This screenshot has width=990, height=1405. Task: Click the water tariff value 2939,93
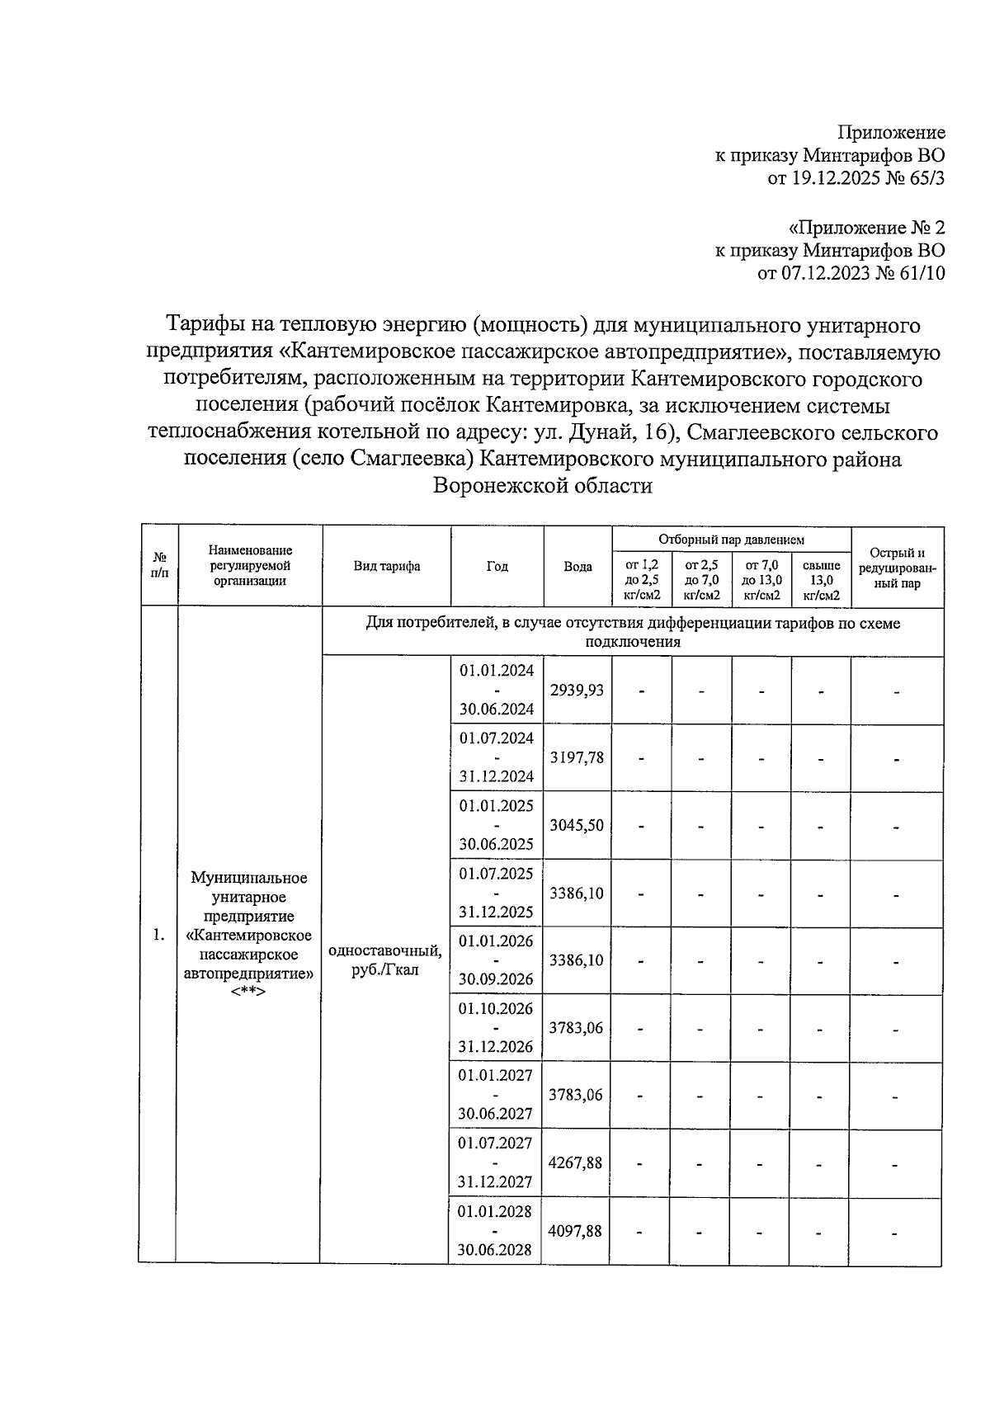pos(577,690)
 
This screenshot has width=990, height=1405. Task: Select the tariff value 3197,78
pos(577,757)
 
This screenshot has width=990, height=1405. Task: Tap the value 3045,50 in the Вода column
pos(577,825)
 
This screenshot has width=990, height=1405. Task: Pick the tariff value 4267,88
pos(575,1162)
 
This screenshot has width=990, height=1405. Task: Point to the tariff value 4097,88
pos(575,1230)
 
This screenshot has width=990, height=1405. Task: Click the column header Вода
pos(577,567)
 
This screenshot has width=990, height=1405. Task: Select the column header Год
pos(497,566)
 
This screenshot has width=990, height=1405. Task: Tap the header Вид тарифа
pos(386,566)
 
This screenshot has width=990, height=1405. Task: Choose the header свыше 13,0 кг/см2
pos(821,580)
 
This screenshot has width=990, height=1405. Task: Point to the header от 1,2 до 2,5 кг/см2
pos(642,580)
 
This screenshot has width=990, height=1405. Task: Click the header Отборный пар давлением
pos(730,540)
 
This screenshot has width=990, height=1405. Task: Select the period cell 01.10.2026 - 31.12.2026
pos(496,1028)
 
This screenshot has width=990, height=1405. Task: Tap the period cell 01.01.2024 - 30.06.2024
pos(496,690)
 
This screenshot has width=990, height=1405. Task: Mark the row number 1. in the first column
pos(158,935)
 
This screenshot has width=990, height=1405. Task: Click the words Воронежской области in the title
pos(543,486)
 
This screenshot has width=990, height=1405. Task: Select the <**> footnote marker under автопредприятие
pos(248,992)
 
